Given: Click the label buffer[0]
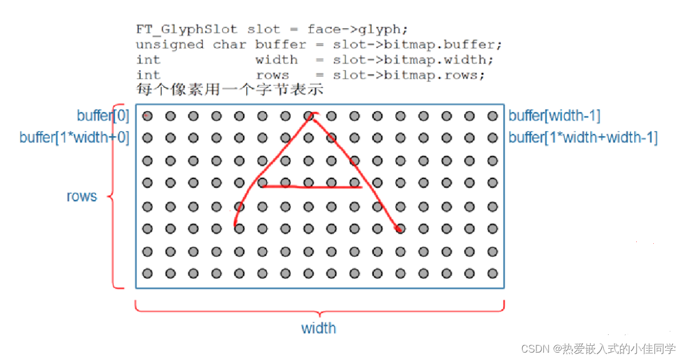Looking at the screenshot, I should tap(103, 116).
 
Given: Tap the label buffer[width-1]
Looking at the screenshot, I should tap(554, 116).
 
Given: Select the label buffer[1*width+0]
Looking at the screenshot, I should tap(74, 137).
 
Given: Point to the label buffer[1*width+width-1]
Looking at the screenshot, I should tap(583, 137).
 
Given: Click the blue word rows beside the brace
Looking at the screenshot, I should tap(82, 197).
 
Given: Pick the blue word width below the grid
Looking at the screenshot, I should tap(318, 328).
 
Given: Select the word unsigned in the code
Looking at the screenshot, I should tap(170, 44).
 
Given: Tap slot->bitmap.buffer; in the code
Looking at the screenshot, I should tap(417, 44).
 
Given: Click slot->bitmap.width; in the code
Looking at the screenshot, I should tap(413, 60).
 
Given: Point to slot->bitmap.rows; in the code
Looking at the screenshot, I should tap(409, 75).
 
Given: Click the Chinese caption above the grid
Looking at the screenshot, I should tap(230, 89).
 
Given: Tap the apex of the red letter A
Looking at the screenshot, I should tap(311, 116).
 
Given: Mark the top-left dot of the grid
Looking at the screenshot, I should tap(148, 116).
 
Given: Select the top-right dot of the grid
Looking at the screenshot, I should tap(493, 116).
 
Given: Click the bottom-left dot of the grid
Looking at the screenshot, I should tap(148, 273).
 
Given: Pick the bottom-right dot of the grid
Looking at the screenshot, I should tap(493, 273).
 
